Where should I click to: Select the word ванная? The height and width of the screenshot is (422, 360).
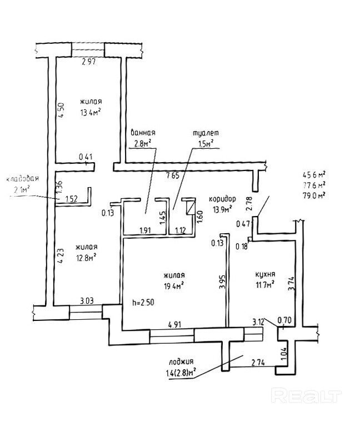pyautogui.click(x=142, y=133)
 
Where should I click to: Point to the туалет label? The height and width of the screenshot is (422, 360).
pyautogui.click(x=205, y=133)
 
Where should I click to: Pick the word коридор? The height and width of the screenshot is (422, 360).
pyautogui.click(x=222, y=199)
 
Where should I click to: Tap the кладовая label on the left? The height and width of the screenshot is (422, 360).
pyautogui.click(x=22, y=179)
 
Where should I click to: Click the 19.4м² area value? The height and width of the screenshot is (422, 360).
pyautogui.click(x=174, y=285)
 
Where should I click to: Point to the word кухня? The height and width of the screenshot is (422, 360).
pyautogui.click(x=266, y=274)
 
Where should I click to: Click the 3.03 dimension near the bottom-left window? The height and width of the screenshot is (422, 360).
pyautogui.click(x=87, y=300)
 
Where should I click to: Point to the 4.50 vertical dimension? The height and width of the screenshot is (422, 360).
pyautogui.click(x=63, y=106)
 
